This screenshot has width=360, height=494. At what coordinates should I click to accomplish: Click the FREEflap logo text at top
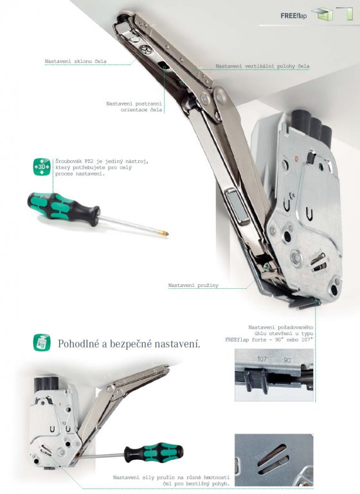(293, 15)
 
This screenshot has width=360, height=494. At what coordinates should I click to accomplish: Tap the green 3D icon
(42, 167)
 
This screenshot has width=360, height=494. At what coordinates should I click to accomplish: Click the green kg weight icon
(42, 342)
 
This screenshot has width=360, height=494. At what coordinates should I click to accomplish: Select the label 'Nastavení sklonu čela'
(76, 61)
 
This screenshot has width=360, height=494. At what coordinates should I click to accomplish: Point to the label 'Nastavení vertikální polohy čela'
(262, 66)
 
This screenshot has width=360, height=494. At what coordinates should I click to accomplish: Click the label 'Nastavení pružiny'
(193, 286)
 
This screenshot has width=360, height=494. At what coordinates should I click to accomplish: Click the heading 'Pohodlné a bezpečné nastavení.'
(129, 343)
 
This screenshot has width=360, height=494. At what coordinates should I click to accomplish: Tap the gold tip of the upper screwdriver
(165, 233)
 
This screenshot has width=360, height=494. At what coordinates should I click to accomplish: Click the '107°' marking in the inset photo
(263, 359)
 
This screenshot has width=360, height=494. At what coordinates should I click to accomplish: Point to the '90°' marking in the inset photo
(287, 360)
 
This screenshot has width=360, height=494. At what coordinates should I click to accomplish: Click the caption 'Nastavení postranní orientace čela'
(134, 107)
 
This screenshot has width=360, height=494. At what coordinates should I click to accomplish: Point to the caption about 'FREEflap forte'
(269, 334)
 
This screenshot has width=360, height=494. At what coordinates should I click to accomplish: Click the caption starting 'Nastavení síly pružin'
(172, 480)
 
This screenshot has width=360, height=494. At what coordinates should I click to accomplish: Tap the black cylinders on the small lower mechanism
(46, 383)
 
